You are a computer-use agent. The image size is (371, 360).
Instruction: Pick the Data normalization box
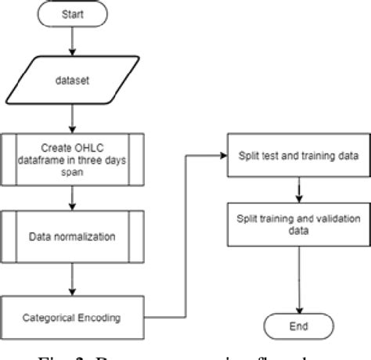coord(73,234)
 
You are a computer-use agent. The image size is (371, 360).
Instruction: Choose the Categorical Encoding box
coord(73,318)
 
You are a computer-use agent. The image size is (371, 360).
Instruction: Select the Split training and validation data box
coord(299,224)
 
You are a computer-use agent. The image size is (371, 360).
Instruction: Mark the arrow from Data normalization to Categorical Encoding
coord(73,275)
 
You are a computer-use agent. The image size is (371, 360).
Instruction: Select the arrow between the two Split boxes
coord(299,190)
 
